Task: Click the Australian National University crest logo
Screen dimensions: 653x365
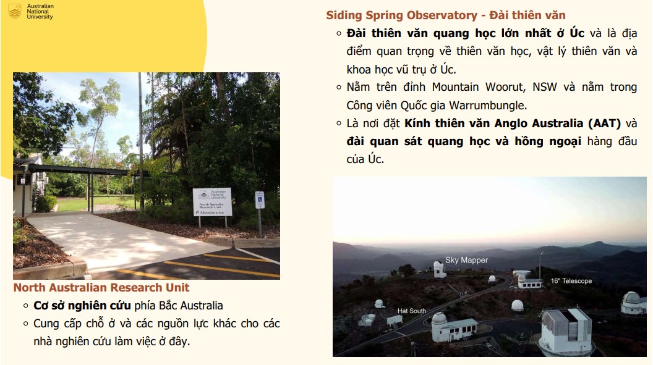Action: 15,11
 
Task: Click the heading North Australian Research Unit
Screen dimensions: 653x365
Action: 101,288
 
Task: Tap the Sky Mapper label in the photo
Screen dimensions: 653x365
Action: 466,260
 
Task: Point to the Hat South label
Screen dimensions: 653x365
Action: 412,311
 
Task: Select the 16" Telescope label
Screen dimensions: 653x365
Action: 571,281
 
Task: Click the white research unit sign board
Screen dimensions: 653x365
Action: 212,202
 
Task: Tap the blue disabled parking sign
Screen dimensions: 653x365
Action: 260,200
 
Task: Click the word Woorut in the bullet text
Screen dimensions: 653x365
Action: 503,87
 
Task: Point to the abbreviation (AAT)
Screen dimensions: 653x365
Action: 604,124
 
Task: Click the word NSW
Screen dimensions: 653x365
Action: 545,87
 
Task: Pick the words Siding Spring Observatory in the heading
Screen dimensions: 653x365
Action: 401,15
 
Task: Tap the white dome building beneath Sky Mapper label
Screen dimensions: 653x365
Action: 440,269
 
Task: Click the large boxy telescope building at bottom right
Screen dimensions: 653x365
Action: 566,331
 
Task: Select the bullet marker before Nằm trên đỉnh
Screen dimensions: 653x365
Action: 339,87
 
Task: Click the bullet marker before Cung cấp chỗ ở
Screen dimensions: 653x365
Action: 26,324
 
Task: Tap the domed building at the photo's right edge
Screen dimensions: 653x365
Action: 633,302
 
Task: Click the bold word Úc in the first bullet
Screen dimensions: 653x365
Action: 577,33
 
